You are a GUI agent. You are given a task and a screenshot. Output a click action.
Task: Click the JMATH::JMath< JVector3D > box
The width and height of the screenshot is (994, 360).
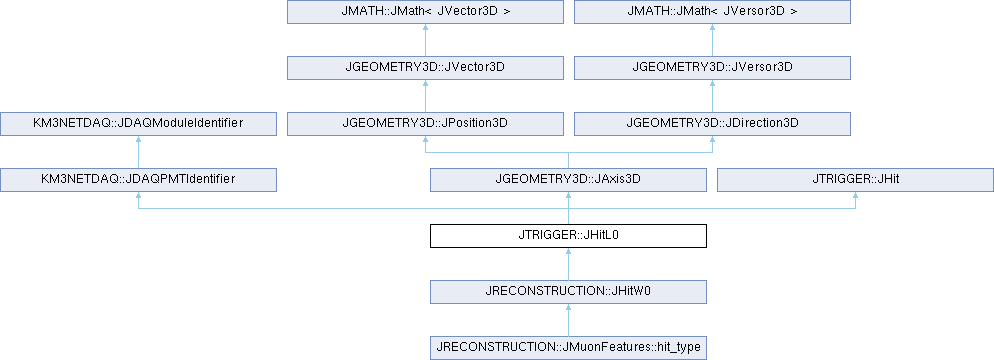tap(425, 12)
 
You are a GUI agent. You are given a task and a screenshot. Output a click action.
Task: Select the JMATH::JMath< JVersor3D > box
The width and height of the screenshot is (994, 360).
tap(712, 12)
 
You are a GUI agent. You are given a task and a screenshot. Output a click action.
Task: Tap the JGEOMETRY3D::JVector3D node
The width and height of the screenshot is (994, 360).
tap(425, 68)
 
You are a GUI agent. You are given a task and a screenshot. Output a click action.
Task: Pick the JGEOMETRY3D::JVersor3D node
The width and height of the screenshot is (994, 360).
tap(712, 68)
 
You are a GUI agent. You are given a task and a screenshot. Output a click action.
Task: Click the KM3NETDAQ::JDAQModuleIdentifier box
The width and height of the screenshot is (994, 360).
tap(138, 124)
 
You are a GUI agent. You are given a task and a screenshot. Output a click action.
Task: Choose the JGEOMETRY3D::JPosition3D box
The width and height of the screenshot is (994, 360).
tap(425, 124)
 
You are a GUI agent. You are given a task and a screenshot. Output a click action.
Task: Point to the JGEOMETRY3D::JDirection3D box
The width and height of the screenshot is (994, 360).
tap(712, 124)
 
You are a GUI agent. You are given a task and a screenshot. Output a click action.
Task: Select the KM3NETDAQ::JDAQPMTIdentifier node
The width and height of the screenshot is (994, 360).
tap(138, 179)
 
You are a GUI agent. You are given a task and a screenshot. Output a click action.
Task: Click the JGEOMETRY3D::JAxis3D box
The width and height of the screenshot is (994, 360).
tap(568, 179)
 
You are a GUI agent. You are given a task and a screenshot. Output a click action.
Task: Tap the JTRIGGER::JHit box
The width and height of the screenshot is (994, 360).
tap(855, 179)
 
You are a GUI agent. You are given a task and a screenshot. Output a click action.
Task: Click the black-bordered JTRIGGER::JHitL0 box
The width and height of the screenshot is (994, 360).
tap(568, 235)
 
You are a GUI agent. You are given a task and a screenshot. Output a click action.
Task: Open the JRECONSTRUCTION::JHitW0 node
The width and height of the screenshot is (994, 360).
tap(568, 291)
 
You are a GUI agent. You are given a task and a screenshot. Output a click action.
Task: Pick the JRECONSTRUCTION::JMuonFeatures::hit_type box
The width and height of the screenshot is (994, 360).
tap(568, 347)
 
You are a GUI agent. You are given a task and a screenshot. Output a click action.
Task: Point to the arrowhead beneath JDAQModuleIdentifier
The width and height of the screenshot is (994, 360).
tap(138, 140)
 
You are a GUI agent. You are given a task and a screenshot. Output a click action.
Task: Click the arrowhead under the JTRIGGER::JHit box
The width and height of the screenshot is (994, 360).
tap(855, 196)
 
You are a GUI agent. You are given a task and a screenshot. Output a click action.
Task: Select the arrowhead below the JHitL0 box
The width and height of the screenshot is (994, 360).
tap(568, 252)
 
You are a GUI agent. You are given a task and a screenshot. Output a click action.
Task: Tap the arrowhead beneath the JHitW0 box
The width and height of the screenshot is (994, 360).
tap(568, 307)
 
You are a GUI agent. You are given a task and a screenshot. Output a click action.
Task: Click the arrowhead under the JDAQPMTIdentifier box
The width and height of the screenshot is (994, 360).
tap(138, 196)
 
